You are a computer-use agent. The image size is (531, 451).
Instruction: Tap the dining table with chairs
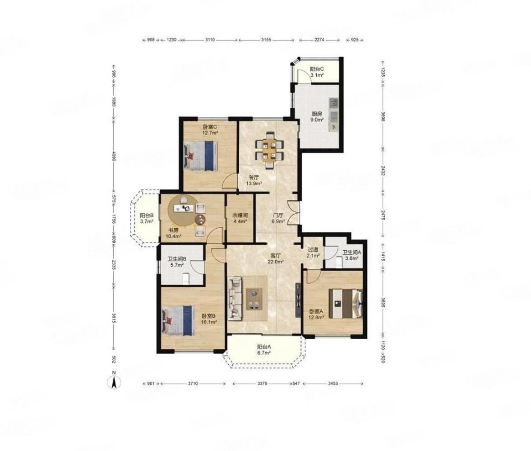tap(269, 150)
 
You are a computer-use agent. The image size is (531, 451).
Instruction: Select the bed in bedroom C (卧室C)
tap(200, 156)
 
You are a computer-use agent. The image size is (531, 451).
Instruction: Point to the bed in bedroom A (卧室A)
tap(346, 304)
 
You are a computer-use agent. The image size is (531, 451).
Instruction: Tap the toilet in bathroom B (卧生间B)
tap(185, 279)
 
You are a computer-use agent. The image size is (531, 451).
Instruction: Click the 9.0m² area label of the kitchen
tap(318, 120)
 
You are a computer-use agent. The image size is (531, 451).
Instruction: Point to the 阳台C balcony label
tap(317, 69)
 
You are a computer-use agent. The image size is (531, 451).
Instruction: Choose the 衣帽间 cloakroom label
tap(240, 215)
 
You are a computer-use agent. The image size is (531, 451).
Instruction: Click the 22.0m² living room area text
tap(276, 262)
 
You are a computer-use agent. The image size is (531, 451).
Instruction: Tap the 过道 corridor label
tap(313, 249)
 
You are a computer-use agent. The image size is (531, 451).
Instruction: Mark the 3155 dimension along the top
tap(266, 40)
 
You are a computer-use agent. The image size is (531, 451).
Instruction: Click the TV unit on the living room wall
tap(298, 300)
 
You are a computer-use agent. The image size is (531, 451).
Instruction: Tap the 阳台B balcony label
tap(147, 215)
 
